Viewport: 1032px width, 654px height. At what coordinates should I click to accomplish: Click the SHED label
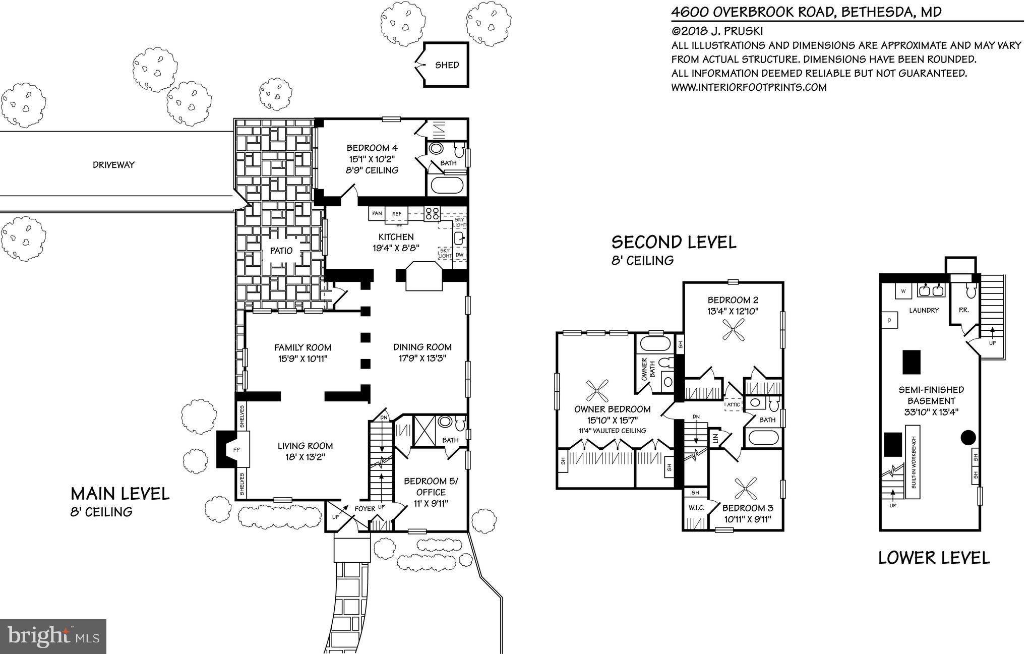tap(447, 65)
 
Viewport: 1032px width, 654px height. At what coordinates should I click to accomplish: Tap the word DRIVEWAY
tap(113, 165)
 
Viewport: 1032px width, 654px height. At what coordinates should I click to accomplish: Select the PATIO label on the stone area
tap(281, 251)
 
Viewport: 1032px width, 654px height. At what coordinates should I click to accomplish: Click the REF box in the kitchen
tap(397, 214)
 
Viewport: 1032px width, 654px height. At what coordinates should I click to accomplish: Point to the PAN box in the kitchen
tap(377, 214)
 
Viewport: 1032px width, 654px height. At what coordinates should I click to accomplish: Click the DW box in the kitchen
tap(459, 255)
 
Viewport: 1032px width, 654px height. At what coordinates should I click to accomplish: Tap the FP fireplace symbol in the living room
tap(235, 449)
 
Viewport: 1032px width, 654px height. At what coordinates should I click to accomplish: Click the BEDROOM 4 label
tap(372, 148)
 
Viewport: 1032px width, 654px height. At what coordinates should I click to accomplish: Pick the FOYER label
tap(365, 509)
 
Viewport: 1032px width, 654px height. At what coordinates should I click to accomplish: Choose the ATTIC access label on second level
tap(733, 404)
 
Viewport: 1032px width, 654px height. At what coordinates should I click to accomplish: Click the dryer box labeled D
tap(889, 320)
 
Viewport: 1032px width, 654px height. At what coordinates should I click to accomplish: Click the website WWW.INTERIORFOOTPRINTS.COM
tap(749, 87)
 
